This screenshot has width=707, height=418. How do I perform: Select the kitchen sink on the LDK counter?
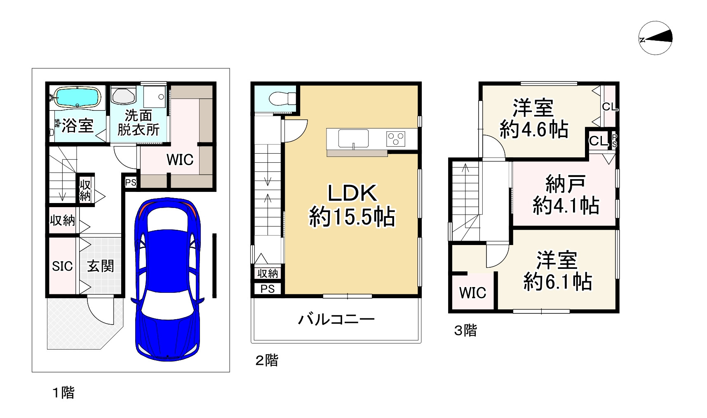click(353, 138)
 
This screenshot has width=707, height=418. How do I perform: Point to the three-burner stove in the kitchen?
click(395, 138)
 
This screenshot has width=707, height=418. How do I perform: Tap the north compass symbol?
click(655, 38)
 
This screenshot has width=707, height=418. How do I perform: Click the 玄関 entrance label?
click(100, 266)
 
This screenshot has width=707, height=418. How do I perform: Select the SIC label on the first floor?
click(62, 266)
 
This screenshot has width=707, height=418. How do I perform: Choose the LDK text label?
click(352, 193)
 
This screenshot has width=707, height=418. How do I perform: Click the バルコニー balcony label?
click(336, 320)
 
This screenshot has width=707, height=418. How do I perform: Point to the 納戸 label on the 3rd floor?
click(565, 184)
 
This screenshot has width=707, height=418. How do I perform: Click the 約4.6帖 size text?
click(533, 130)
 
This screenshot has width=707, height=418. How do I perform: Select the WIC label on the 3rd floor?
click(472, 293)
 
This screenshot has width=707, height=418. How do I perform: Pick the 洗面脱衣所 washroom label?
click(138, 123)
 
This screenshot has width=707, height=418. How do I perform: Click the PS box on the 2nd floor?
click(268, 289)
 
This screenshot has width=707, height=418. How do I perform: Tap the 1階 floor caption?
click(63, 392)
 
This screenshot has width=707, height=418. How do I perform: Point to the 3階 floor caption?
click(465, 330)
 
